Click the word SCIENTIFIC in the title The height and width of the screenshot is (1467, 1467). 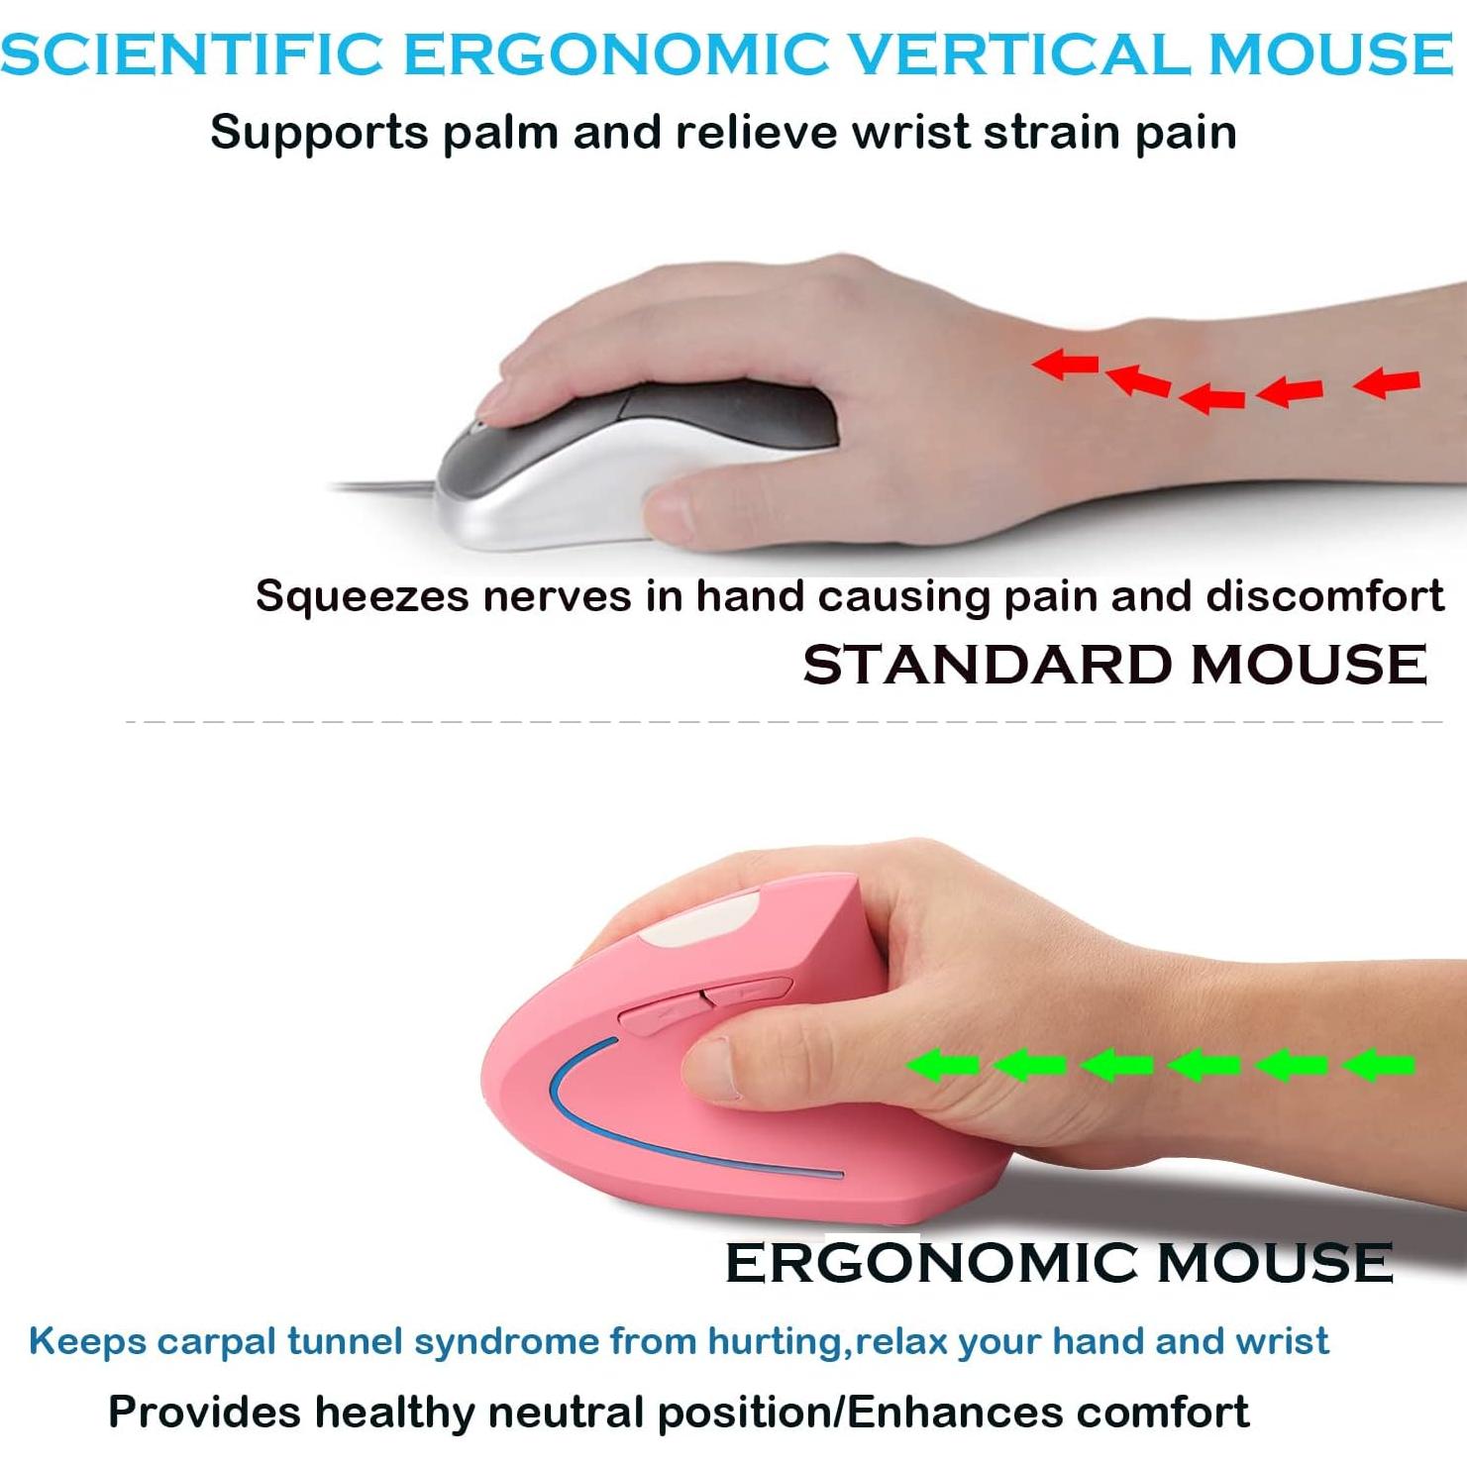pos(192,53)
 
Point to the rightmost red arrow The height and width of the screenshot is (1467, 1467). pos(1387,381)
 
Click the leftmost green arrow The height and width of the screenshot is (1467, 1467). pos(942,1065)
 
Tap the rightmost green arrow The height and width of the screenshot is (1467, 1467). pos(1378,1065)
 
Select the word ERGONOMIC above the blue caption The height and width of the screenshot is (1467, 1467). pos(932,1263)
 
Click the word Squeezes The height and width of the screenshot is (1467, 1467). pos(361,597)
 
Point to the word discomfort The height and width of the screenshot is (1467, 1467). pos(1324,595)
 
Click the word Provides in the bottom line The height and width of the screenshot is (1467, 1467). pos(204,1412)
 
